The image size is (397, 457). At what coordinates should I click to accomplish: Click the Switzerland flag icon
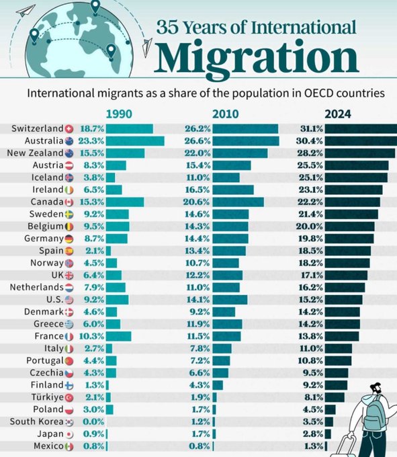69,128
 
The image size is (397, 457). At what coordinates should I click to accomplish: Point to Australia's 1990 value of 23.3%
92,140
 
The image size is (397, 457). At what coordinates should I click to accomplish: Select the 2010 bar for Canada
238,202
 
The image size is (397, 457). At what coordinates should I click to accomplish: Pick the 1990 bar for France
119,335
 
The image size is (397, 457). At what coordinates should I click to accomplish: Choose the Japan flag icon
69,433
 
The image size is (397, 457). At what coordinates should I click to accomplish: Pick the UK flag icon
69,275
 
